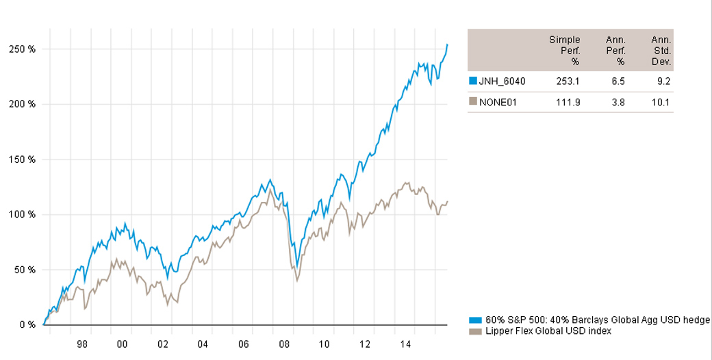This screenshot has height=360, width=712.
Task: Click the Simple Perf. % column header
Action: (x=565, y=51)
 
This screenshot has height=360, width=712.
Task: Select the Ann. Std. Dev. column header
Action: (x=661, y=51)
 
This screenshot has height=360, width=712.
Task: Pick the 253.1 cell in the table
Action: (x=568, y=81)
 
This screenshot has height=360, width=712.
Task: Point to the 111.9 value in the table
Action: (x=568, y=102)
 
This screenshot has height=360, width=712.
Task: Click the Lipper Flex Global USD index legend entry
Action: (x=548, y=331)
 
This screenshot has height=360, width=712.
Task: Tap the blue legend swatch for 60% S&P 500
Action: (x=474, y=320)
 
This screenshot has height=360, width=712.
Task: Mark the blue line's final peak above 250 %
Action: (x=447, y=45)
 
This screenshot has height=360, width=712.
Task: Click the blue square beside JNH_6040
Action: (x=472, y=81)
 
